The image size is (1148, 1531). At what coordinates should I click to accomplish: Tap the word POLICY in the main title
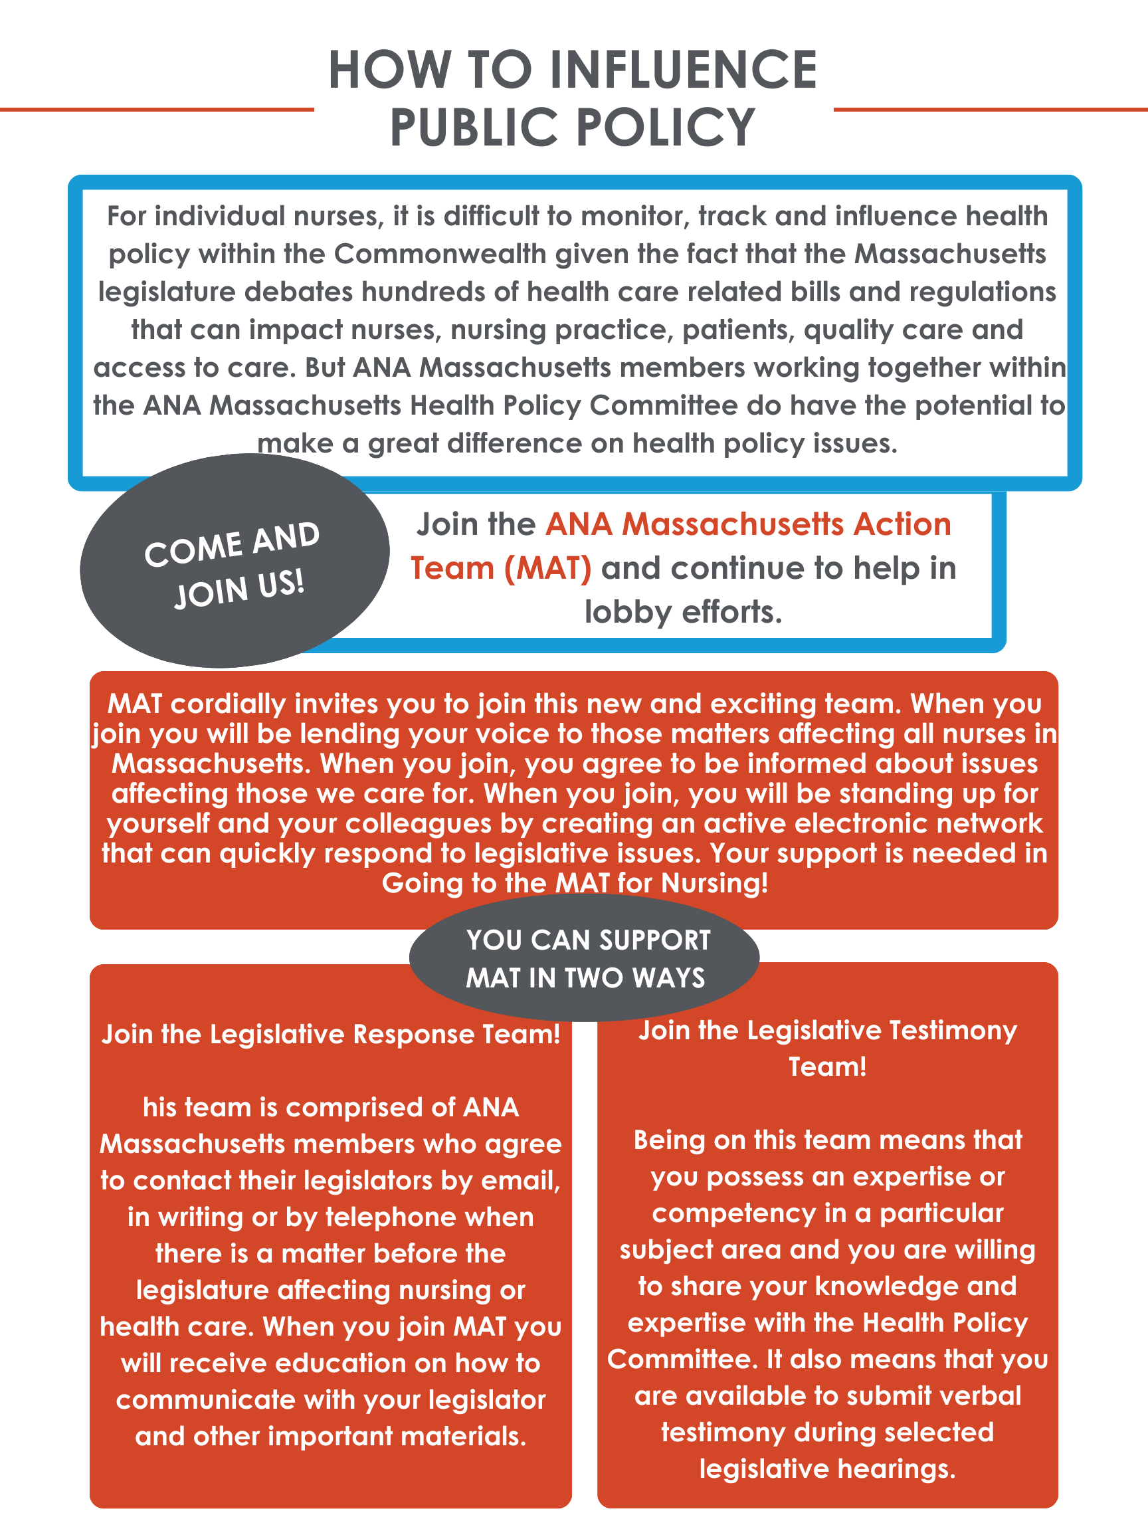[x=665, y=128]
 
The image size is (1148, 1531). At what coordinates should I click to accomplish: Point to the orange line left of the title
[x=156, y=110]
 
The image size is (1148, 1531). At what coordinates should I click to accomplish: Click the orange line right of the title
[x=989, y=110]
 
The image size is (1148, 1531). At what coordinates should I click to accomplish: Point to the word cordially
[x=229, y=704]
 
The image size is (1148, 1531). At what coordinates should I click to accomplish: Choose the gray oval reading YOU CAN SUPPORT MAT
[x=585, y=959]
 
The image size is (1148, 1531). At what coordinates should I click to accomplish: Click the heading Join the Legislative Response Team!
[x=331, y=1034]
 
